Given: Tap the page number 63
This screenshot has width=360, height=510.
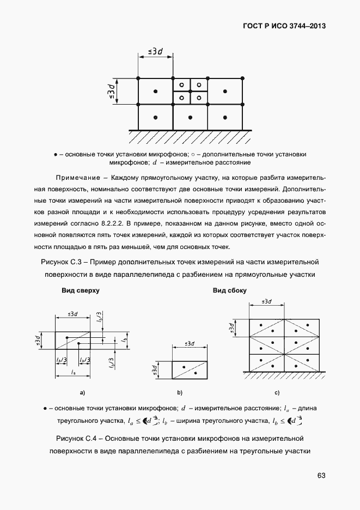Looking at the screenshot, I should (x=321, y=476).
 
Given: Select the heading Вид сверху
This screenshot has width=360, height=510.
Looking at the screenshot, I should (x=80, y=290).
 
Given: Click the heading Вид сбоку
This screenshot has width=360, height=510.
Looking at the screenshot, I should (x=229, y=290).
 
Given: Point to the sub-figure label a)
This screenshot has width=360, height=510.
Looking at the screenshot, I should (x=82, y=392).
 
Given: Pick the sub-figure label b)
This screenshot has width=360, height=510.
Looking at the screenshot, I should (x=179, y=392).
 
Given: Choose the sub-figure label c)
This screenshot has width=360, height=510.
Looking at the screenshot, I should (x=277, y=392).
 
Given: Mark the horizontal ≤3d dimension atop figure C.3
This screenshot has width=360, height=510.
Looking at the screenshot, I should (x=155, y=52).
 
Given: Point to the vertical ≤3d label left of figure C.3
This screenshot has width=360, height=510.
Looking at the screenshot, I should (x=111, y=92).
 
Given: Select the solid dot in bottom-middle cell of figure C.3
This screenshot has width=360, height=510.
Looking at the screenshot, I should (x=190, y=117).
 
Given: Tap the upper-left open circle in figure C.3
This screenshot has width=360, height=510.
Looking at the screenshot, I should (x=182, y=85).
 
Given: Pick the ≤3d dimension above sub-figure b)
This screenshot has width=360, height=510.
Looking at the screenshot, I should (x=190, y=343).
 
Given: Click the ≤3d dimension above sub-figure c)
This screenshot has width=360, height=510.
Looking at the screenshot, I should (x=267, y=301).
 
